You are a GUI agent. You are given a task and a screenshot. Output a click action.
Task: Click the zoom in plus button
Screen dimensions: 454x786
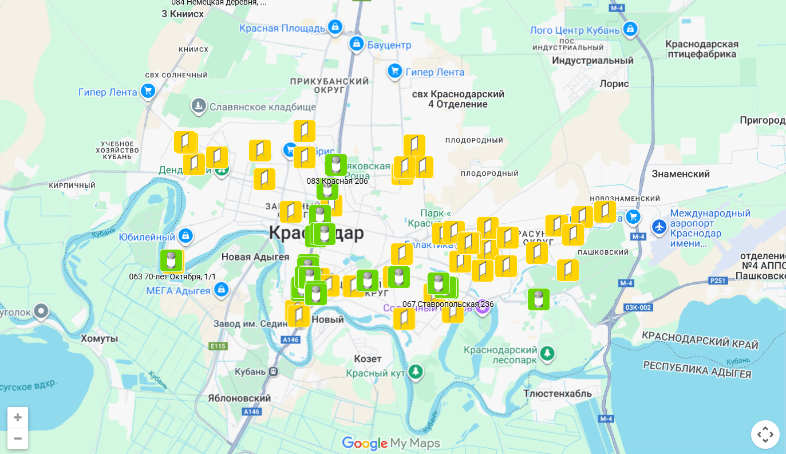click(x=18, y=417)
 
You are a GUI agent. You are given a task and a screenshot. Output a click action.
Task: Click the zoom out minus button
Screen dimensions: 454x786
click(x=18, y=439)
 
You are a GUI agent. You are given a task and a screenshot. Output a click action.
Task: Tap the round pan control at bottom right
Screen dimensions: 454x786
click(x=765, y=435)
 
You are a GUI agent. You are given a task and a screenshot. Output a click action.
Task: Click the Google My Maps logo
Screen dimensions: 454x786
click(x=391, y=443)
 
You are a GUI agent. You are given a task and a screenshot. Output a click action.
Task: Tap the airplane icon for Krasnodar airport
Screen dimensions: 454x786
click(x=659, y=226)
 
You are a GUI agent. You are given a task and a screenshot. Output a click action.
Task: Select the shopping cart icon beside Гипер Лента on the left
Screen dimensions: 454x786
click(x=148, y=91)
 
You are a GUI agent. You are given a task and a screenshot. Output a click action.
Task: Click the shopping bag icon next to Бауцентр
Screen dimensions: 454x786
click(x=356, y=44)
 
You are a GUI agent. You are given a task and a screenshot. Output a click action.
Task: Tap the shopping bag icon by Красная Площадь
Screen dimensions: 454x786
click(x=335, y=27)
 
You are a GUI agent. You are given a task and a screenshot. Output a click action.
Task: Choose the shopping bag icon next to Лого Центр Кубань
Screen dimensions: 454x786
click(x=630, y=29)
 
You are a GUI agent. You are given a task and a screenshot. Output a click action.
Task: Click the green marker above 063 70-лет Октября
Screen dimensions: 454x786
click(x=171, y=260)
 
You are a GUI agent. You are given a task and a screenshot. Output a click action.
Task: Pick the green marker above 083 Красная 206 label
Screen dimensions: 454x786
click(x=335, y=165)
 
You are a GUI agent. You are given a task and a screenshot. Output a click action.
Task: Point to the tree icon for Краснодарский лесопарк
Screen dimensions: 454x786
click(x=548, y=353)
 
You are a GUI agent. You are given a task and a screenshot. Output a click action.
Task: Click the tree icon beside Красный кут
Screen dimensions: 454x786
click(x=415, y=373)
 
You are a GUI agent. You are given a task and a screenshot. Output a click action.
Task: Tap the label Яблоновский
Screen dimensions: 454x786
click(x=239, y=398)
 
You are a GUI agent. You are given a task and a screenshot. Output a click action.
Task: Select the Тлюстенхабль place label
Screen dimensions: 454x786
click(x=558, y=393)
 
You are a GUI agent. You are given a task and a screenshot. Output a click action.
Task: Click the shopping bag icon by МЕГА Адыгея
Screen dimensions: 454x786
click(x=221, y=290)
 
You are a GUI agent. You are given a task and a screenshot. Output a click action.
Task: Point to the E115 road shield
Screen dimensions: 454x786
click(x=218, y=346)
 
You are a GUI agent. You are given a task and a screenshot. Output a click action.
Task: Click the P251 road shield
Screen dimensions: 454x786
click(x=717, y=281)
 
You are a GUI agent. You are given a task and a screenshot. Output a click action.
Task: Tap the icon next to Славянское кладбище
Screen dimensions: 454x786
click(x=198, y=106)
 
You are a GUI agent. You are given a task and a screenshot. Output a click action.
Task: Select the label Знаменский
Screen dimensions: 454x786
click(x=681, y=173)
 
